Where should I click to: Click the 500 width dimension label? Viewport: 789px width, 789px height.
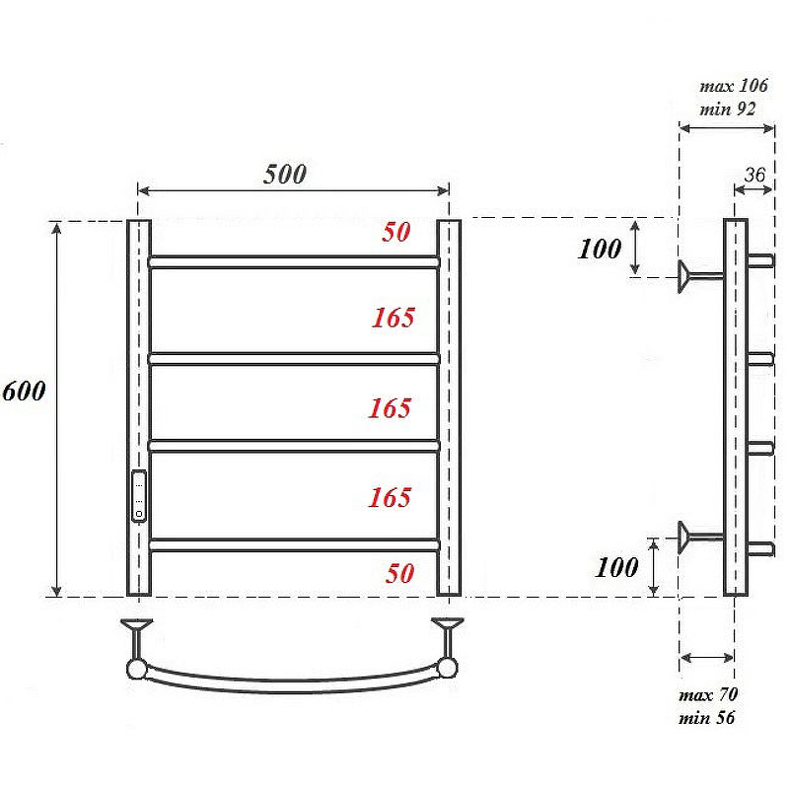click(285, 175)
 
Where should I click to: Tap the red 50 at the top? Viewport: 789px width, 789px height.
click(396, 232)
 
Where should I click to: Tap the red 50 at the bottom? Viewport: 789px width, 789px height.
click(400, 573)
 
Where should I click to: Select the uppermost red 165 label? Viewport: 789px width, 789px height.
click(394, 318)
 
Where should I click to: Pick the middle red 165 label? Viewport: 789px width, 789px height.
click(390, 408)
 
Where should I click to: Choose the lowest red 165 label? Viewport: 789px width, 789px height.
click(390, 498)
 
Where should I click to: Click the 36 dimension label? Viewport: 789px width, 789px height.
click(754, 175)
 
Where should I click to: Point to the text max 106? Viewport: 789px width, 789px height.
click(734, 87)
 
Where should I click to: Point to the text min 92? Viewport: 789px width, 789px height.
click(728, 109)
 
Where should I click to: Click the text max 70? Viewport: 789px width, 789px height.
click(708, 695)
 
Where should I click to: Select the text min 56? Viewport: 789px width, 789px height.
click(706, 718)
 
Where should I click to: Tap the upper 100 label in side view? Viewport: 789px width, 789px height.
click(600, 249)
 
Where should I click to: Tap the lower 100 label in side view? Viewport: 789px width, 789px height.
click(617, 567)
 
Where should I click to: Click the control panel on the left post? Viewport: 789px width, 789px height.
click(140, 495)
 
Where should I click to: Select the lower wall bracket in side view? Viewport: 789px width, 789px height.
click(698, 537)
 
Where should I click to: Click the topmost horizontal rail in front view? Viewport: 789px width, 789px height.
click(294, 262)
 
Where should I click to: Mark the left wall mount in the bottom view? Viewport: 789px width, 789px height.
click(136, 646)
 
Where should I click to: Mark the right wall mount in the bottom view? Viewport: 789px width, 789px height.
click(449, 646)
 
